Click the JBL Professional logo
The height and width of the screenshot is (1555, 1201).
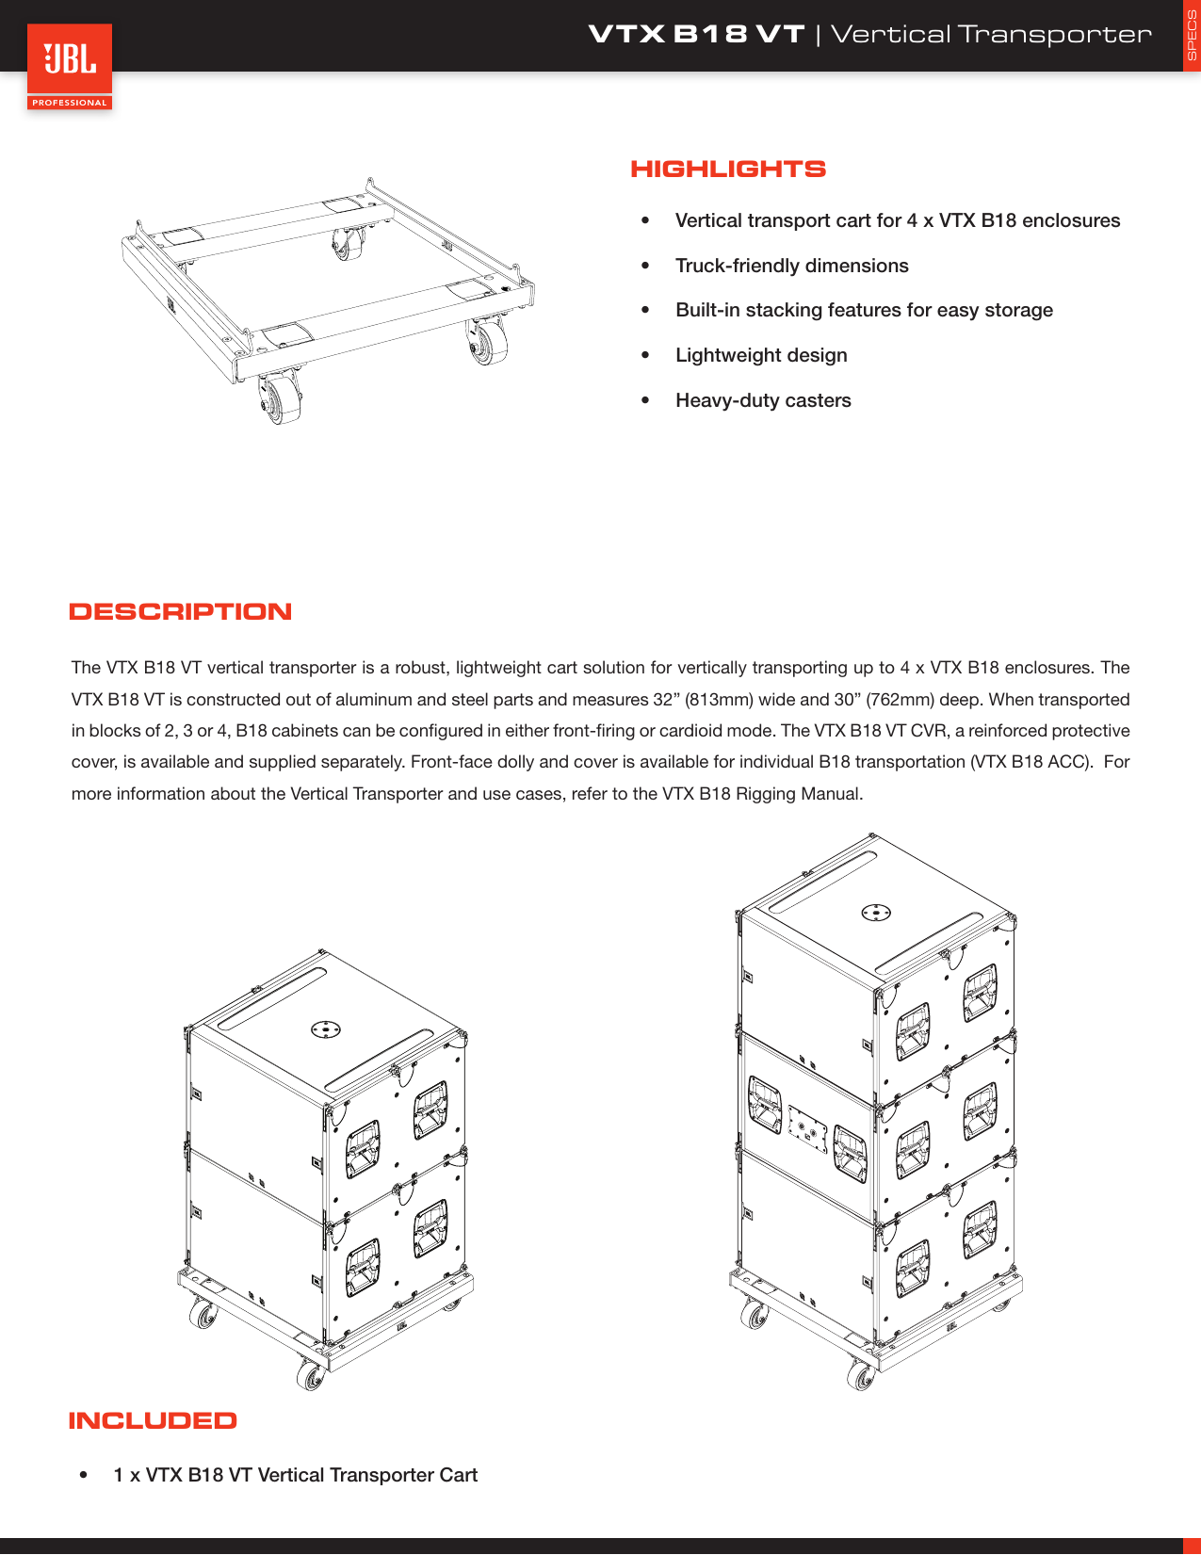pyautogui.click(x=70, y=66)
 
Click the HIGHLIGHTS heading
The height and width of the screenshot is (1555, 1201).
pyautogui.click(x=727, y=170)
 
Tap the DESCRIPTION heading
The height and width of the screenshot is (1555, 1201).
pyautogui.click(x=180, y=612)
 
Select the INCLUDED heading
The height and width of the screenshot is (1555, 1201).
pyautogui.click(x=153, y=1421)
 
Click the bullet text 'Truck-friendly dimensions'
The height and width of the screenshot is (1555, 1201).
pyautogui.click(x=791, y=266)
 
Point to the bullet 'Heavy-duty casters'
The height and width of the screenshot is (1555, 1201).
pyautogui.click(x=763, y=400)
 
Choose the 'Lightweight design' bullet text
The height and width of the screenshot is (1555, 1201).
pyautogui.click(x=761, y=355)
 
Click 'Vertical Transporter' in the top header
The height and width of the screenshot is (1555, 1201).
pyautogui.click(x=990, y=35)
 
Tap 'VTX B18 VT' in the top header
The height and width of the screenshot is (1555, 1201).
pyautogui.click(x=696, y=35)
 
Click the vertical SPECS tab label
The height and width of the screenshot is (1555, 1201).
pyautogui.click(x=1191, y=36)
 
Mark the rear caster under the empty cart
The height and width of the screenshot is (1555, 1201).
pyautogui.click(x=347, y=245)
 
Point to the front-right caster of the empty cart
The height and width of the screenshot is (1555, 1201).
pyautogui.click(x=488, y=343)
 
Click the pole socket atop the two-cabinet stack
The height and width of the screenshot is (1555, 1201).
pyautogui.click(x=326, y=1029)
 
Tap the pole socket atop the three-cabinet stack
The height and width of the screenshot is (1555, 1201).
pyautogui.click(x=876, y=912)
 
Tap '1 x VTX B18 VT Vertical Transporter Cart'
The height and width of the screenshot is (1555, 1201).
pyautogui.click(x=295, y=1475)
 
